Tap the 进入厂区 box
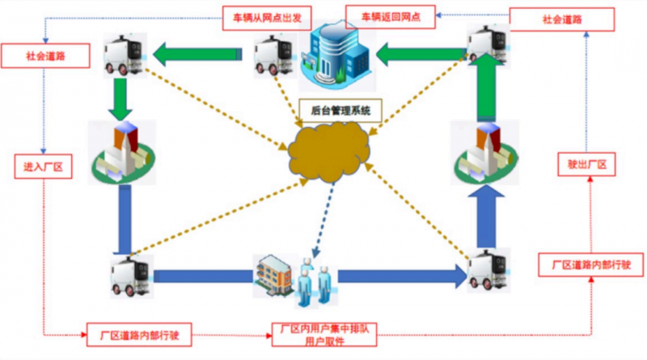point(43,167)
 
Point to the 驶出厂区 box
point(588,166)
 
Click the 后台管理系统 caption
point(335,110)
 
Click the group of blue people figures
point(311,282)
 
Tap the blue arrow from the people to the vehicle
point(400,276)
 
